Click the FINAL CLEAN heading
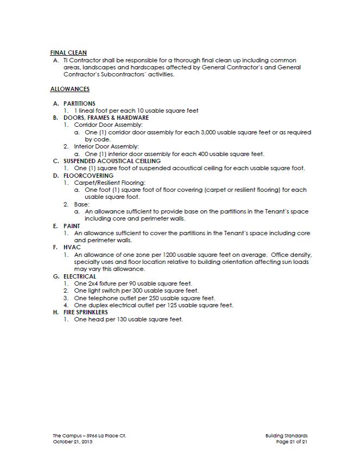click(x=68, y=53)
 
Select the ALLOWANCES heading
click(x=70, y=89)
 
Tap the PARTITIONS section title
click(x=79, y=103)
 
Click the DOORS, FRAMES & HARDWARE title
click(x=106, y=118)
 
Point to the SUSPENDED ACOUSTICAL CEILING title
click(x=112, y=161)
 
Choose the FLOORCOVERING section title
click(x=88, y=176)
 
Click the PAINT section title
click(x=72, y=226)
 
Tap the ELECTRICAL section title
click(x=80, y=276)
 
